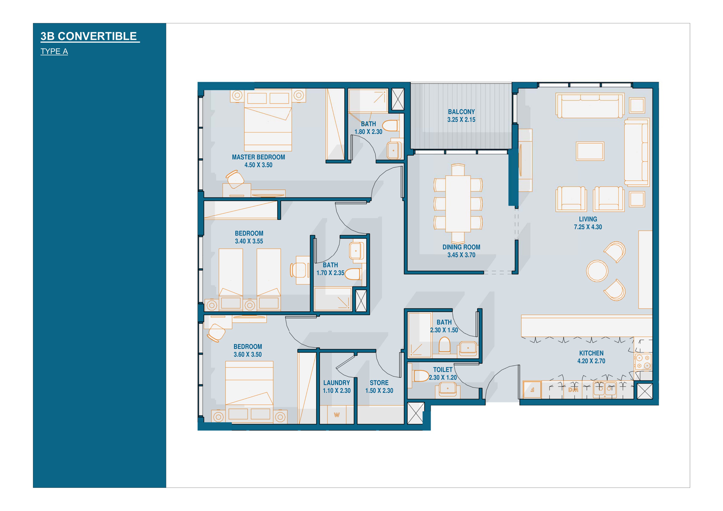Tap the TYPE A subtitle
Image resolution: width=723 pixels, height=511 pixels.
(x=54, y=51)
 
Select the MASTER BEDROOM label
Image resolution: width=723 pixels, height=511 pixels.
(x=258, y=157)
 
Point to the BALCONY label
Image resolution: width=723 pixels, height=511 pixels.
(x=461, y=112)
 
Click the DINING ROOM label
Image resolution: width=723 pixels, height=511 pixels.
(x=461, y=247)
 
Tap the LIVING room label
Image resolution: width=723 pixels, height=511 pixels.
(x=588, y=219)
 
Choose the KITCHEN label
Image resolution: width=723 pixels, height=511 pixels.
(x=591, y=353)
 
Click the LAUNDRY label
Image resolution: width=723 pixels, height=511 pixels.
(x=337, y=383)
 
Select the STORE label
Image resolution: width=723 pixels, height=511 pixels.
(x=379, y=383)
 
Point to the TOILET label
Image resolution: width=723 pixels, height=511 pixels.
(x=443, y=370)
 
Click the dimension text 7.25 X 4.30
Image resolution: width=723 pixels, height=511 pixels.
(x=588, y=227)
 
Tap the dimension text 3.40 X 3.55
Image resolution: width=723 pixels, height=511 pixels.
(x=249, y=241)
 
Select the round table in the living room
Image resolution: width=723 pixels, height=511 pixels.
(x=597, y=271)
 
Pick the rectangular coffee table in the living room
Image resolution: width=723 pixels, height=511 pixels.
(x=590, y=151)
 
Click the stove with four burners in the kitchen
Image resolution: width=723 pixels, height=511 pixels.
(x=643, y=362)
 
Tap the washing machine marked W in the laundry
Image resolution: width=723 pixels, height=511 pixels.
(x=337, y=415)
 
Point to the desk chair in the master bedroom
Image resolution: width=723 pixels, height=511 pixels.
(x=235, y=179)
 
